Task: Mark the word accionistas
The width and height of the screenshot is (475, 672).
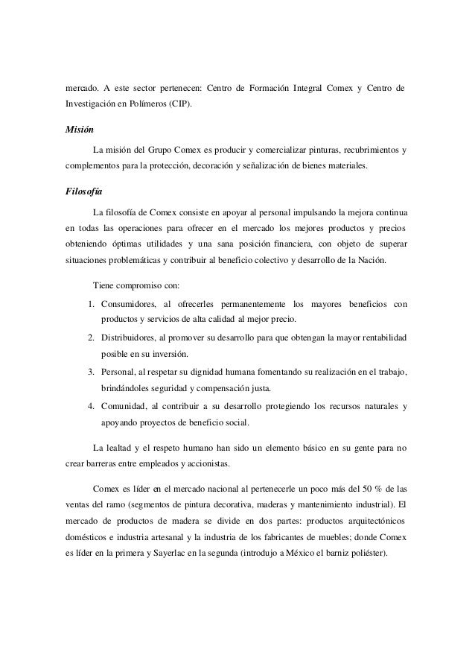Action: pos(208,465)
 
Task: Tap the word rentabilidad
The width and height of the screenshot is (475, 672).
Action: pos(381,338)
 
